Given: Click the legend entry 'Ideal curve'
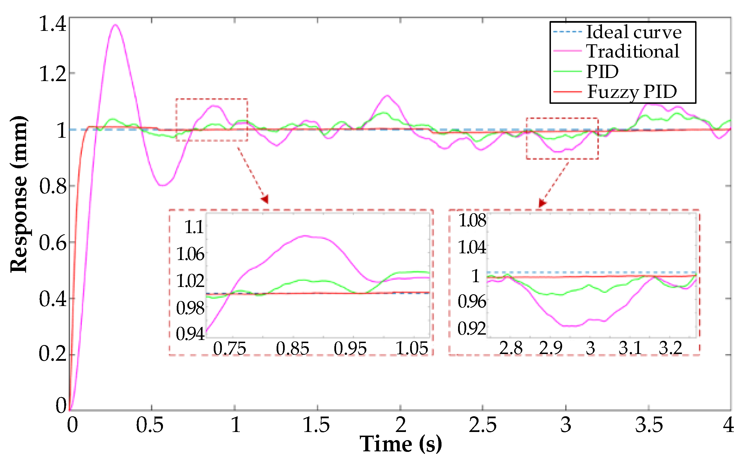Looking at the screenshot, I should [x=633, y=32].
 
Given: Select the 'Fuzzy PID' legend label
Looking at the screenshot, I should [x=632, y=91].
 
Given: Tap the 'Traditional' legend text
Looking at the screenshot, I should [x=633, y=51].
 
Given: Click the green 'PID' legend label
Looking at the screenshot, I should [x=602, y=72].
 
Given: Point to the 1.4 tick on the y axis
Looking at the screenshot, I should [x=52, y=24].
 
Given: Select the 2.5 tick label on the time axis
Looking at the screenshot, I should [x=482, y=425].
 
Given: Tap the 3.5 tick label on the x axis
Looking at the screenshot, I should [x=649, y=425].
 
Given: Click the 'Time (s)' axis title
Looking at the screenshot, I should [x=400, y=444].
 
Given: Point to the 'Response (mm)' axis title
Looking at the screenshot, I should [x=19, y=194].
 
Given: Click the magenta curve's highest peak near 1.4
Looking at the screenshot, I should [x=115, y=25].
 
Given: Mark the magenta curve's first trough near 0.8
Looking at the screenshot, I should [x=163, y=185].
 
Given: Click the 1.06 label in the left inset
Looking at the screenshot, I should [x=190, y=254].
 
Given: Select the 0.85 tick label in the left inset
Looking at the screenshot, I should [x=292, y=348].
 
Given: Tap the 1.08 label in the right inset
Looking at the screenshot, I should [x=472, y=220].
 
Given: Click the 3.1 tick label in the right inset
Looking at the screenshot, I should [x=630, y=348].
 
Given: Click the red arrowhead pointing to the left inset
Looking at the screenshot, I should [x=265, y=199].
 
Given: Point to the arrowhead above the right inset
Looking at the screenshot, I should [x=542, y=203].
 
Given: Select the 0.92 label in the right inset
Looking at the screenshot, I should [x=472, y=328].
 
